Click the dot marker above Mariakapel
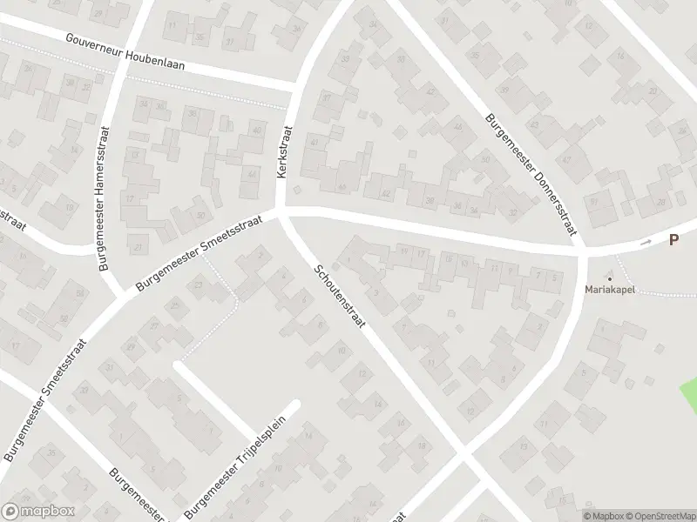pyautogui.click(x=609, y=279)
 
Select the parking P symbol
pyautogui.click(x=673, y=240)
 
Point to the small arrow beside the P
pyautogui.click(x=646, y=243)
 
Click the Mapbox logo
pyautogui.click(x=38, y=512)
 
